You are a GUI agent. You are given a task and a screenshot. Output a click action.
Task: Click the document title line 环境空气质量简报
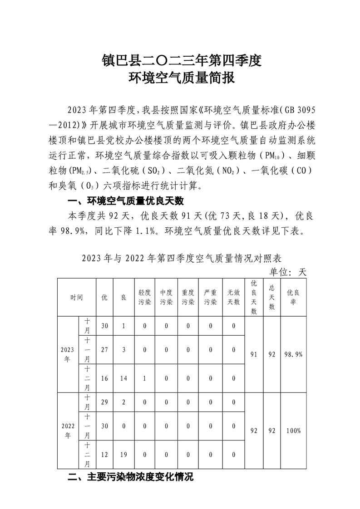[182, 78]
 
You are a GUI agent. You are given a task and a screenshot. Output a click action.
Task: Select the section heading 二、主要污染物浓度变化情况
[130, 477]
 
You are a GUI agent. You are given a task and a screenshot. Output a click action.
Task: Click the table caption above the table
[182, 259]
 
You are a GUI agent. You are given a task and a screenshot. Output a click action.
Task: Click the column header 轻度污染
[145, 298]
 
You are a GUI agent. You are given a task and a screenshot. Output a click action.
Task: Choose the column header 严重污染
[211, 298]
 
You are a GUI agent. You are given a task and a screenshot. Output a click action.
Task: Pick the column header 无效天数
[233, 298]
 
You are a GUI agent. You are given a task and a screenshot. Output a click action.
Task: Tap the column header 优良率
[293, 298]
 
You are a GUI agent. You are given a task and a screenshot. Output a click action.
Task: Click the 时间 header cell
[77, 298]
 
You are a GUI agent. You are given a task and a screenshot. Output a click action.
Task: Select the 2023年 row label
[68, 354]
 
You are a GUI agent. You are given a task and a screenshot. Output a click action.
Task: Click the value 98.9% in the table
[293, 354]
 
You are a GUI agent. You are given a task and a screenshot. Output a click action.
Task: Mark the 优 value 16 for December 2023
[104, 378]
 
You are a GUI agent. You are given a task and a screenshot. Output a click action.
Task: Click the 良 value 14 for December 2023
[123, 378]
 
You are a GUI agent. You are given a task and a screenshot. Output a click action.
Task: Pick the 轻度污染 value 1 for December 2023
[145, 378]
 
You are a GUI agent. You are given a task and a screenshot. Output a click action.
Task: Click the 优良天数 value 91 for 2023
[254, 354]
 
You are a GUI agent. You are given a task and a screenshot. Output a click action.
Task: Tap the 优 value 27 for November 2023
[104, 350]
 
